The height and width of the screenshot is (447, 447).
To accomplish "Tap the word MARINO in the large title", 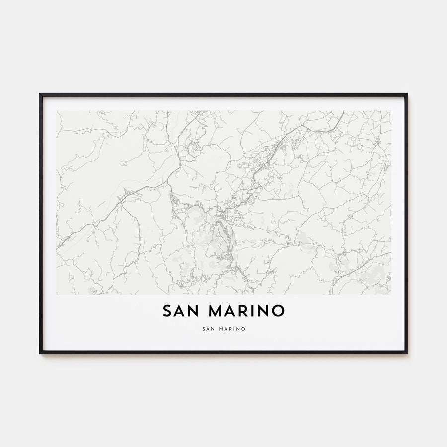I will pos(246,311).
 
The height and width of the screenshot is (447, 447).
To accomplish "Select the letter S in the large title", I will pos(167,311).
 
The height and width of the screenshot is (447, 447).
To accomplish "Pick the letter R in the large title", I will pos(244,311).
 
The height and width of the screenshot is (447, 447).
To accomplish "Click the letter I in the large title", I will pos(255,311).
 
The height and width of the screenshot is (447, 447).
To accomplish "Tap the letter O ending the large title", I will pos(279,311).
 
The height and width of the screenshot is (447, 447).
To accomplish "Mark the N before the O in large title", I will pos(265,311).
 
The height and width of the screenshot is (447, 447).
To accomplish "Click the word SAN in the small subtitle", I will pos(209,328).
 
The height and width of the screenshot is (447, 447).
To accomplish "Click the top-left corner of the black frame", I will pos(40,94).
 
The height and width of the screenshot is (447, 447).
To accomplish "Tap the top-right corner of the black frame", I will pos(407,94).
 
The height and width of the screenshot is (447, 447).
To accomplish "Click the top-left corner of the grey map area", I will pos(57,111).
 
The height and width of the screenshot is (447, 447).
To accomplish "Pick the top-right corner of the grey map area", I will pos(391,111).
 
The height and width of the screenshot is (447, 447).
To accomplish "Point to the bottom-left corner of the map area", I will pos(57,294).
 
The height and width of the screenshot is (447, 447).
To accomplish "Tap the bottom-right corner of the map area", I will pos(391,294).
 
